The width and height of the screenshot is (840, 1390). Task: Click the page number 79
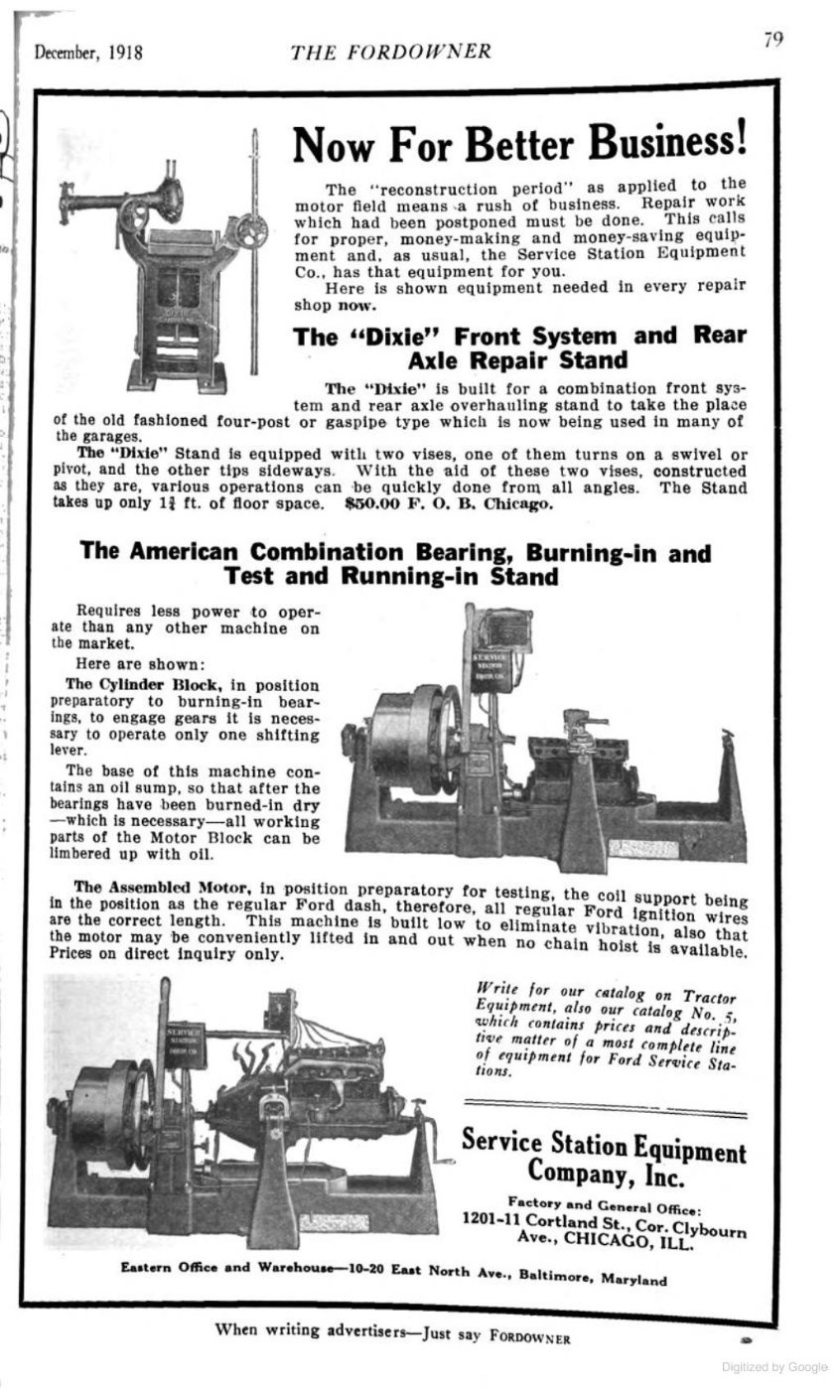click(x=773, y=40)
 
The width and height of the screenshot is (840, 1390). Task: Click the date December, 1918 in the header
click(x=88, y=53)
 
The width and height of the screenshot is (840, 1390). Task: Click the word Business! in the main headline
click(x=667, y=144)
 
